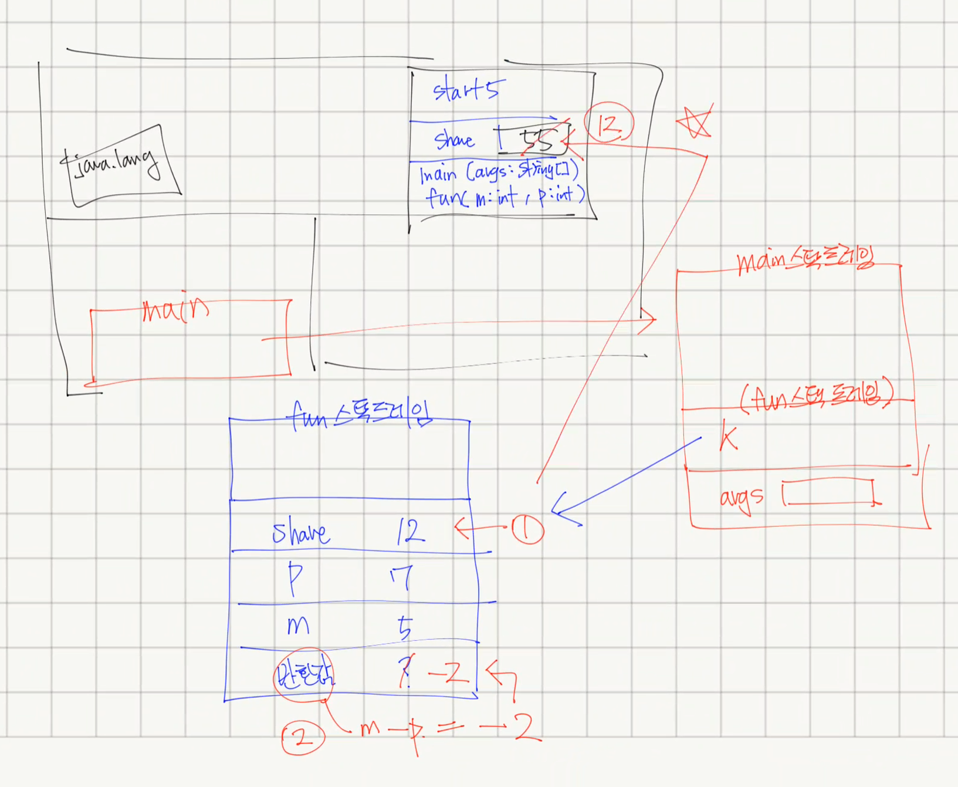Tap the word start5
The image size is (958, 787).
tap(467, 90)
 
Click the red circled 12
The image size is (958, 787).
tap(609, 124)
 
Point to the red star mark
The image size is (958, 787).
tap(695, 122)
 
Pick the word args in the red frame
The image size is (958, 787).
tap(742, 498)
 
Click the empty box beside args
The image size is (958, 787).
tap(828, 492)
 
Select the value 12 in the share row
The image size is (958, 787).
tap(409, 532)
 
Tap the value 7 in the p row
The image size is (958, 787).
tap(402, 577)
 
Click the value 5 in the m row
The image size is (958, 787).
tap(405, 627)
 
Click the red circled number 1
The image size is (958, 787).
tap(527, 529)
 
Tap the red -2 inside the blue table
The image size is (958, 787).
tap(449, 674)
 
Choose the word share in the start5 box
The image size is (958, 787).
tap(454, 140)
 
